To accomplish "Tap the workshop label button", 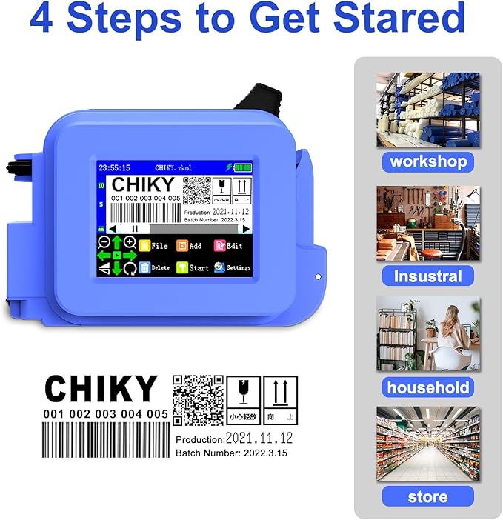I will (x=428, y=161).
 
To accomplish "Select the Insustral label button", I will (x=428, y=276).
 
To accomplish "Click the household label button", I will (x=428, y=387).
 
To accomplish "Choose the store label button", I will (x=427, y=496).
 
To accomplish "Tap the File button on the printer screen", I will (x=153, y=245).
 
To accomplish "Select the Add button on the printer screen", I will (x=190, y=245).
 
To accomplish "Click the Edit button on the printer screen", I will (x=229, y=245).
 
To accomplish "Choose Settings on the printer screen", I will (x=233, y=267).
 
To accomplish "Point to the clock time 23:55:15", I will (x=114, y=167).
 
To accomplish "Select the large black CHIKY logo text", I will (x=101, y=389).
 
